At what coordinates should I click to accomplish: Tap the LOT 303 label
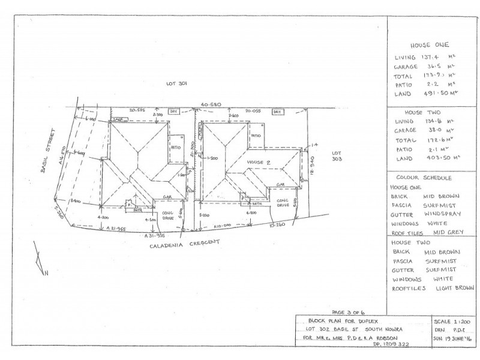click(x=337, y=156)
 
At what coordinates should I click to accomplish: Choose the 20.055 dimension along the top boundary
click(x=253, y=111)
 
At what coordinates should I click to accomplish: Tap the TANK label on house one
click(x=117, y=120)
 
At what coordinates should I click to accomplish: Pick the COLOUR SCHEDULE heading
click(x=424, y=178)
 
